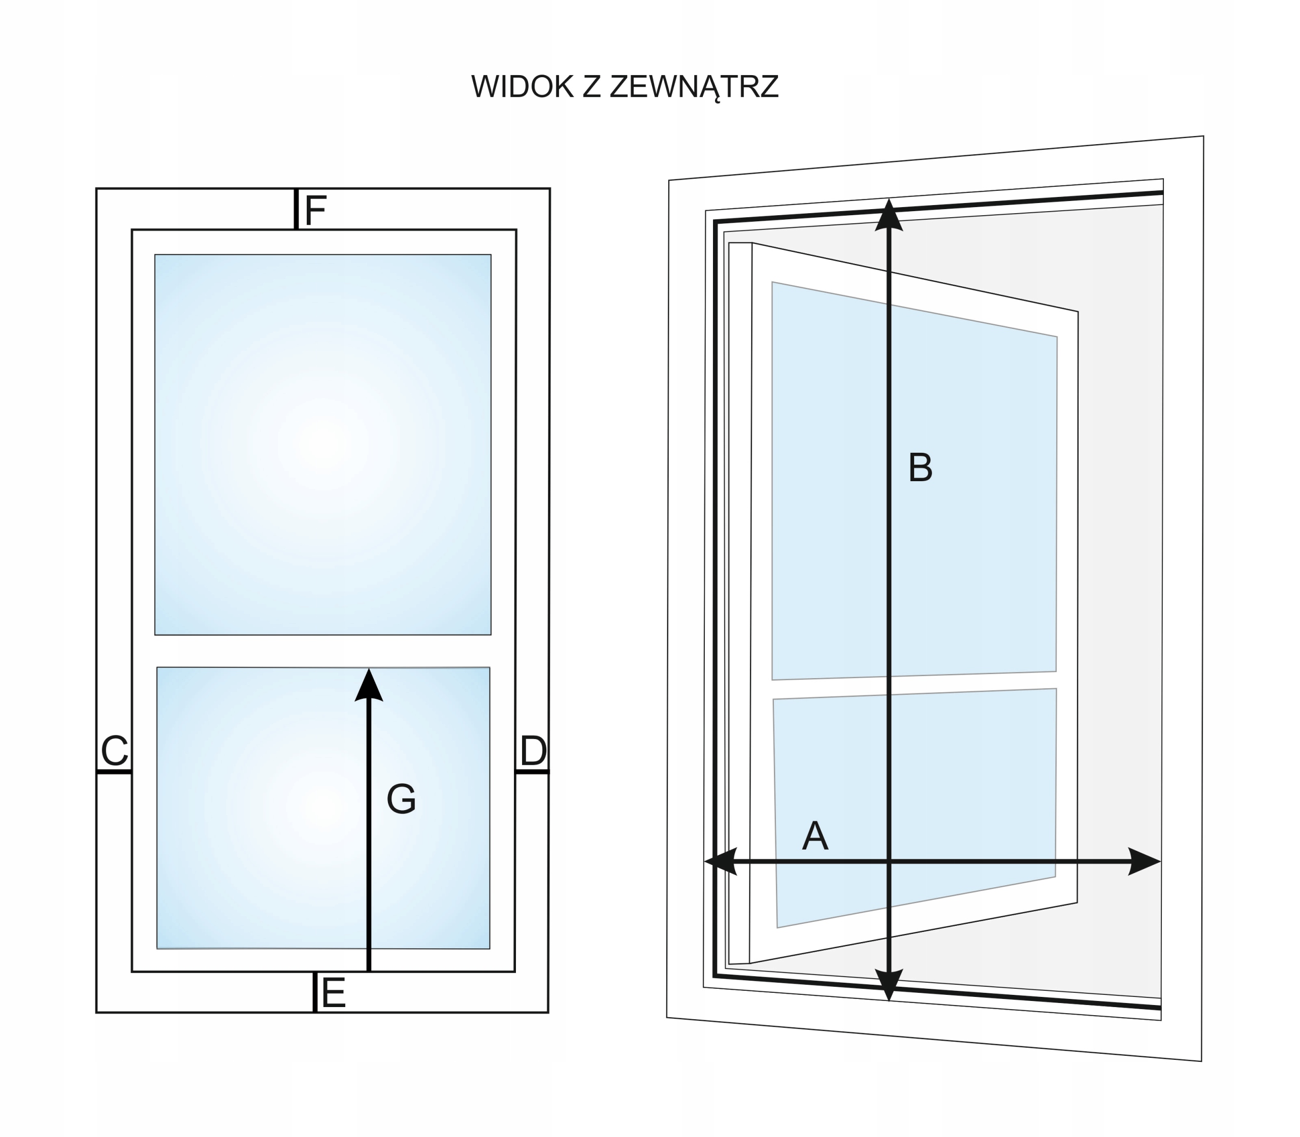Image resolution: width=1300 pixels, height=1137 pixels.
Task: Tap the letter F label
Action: point(315,210)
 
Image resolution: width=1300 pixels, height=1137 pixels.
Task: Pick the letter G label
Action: point(401,799)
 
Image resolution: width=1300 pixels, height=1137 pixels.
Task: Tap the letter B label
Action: point(920,467)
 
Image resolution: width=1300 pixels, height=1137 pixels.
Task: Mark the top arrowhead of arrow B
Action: point(889,216)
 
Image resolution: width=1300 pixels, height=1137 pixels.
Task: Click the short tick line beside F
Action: point(296,209)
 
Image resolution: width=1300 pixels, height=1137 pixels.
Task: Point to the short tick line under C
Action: point(114,772)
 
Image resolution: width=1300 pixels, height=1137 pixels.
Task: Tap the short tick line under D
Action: point(532,772)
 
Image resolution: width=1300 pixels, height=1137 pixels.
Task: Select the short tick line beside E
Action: point(314,992)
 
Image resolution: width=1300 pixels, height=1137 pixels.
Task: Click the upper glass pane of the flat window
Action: point(322,444)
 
